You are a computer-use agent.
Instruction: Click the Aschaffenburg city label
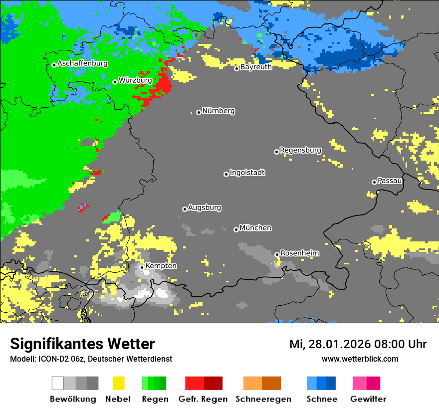(x=82, y=64)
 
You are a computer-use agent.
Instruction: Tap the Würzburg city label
(x=135, y=80)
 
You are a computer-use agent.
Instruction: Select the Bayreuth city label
(x=256, y=67)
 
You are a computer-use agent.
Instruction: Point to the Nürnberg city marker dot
(x=199, y=112)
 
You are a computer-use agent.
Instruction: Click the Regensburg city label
(x=300, y=150)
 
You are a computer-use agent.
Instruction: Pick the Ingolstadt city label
(x=247, y=173)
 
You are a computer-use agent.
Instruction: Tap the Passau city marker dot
(x=374, y=182)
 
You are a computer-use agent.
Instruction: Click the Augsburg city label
(x=205, y=207)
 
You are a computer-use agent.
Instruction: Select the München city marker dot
(x=236, y=229)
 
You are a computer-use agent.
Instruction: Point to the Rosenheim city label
(x=299, y=253)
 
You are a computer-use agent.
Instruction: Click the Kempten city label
(x=161, y=266)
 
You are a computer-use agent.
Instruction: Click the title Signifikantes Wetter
(x=82, y=344)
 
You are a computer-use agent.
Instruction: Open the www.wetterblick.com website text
(x=360, y=359)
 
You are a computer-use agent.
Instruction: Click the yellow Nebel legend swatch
(x=118, y=383)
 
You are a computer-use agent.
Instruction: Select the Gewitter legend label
(x=368, y=399)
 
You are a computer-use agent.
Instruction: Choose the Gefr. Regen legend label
(x=203, y=399)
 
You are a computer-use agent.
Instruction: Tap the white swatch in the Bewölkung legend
(x=57, y=383)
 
